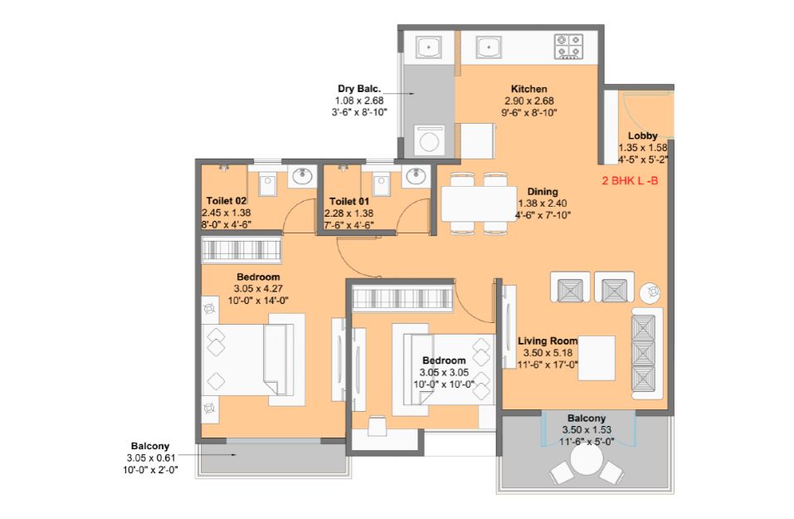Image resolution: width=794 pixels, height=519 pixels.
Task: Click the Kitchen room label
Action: (529, 89)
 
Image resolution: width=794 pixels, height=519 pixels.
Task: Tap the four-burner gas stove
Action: (568, 47)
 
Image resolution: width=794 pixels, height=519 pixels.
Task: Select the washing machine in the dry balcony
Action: (430, 140)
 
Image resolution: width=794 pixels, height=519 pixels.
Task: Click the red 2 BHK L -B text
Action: (630, 181)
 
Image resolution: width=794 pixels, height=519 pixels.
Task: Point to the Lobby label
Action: (643, 136)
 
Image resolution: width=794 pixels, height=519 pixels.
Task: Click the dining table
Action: (479, 203)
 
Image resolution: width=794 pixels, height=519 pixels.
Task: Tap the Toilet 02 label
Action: (227, 201)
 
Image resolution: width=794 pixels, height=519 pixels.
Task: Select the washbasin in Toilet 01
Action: (416, 176)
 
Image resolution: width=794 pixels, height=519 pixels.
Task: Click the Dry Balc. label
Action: (359, 89)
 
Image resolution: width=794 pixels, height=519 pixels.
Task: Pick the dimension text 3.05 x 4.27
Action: (258, 288)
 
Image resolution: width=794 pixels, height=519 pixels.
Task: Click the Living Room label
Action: (548, 341)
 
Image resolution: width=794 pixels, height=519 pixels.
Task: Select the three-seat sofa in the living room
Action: (646, 353)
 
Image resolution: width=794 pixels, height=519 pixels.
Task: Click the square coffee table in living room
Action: (597, 358)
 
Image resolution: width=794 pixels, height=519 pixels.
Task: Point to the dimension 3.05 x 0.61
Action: (151, 458)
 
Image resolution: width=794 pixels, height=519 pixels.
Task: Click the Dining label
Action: (543, 192)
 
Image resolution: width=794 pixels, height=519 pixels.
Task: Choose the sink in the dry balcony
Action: (429, 47)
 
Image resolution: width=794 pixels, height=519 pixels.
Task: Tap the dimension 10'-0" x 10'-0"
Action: (444, 384)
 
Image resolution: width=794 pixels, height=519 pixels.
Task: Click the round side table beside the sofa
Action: (650, 292)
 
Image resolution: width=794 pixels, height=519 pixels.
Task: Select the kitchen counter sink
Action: (489, 47)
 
